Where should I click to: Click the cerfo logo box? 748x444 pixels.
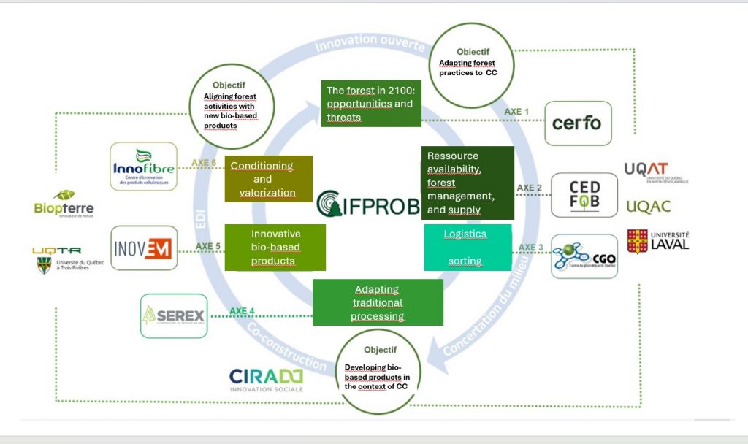[578, 123]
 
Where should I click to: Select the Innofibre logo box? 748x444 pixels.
[143, 166]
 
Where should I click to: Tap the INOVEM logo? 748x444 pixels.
[143, 248]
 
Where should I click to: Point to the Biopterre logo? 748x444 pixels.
[64, 203]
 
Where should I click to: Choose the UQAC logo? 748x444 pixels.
[648, 207]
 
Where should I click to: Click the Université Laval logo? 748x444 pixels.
[657, 240]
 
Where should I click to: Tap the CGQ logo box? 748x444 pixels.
[584, 256]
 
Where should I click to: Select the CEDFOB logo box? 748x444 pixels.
[584, 195]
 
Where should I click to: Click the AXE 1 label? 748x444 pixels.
[516, 112]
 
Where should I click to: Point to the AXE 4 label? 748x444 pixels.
[243, 311]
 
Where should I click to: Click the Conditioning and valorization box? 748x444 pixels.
[268, 179]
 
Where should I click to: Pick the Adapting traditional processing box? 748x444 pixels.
[377, 302]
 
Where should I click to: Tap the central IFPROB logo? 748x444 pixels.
[369, 203]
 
